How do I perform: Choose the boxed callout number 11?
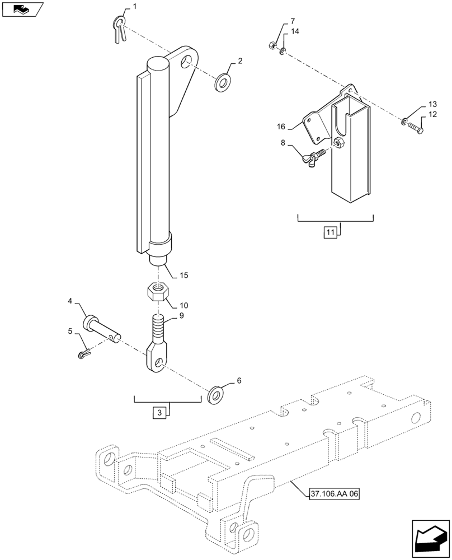330,231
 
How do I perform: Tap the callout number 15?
183,275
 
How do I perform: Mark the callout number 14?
295,32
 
